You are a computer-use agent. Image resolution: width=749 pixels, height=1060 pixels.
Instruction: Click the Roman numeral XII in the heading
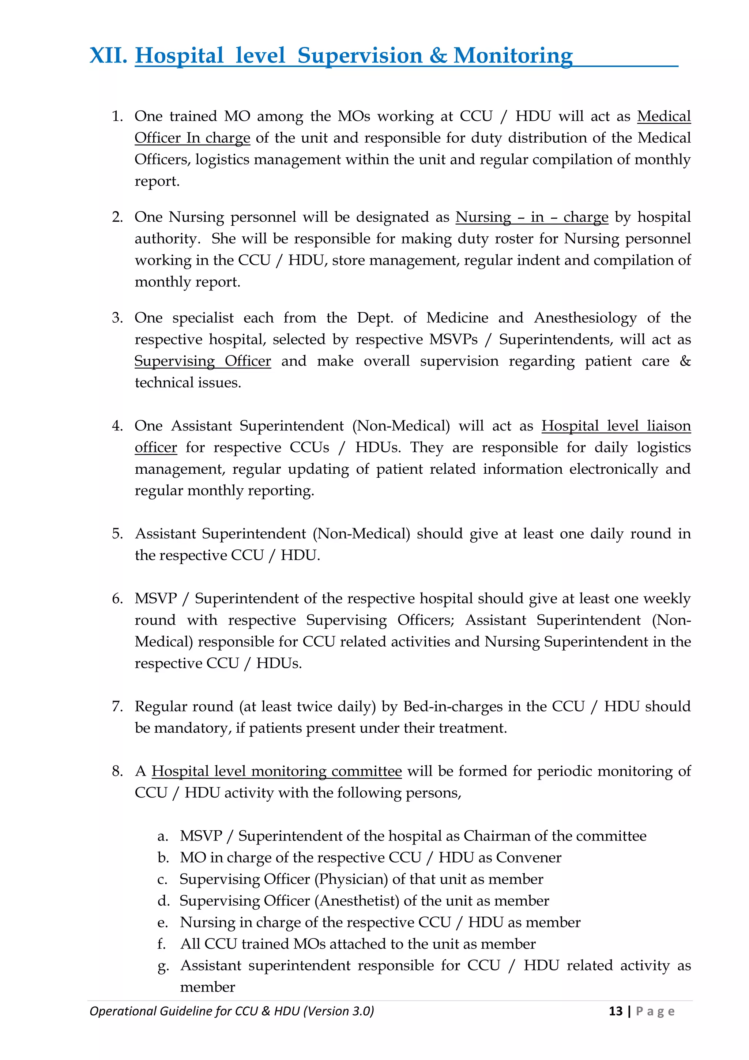108,56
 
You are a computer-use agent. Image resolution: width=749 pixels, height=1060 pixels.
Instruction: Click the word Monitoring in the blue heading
513,56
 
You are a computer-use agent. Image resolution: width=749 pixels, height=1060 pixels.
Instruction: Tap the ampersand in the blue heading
438,56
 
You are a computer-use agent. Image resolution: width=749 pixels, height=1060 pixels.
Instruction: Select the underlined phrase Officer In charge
192,138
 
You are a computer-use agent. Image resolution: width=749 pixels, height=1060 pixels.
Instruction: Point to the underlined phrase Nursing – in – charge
532,217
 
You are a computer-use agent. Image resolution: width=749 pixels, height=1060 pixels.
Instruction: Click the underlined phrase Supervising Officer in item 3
203,361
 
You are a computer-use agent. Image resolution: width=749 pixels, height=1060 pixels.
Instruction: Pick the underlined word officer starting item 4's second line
155,447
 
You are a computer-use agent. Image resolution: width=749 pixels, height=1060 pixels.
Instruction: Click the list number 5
117,534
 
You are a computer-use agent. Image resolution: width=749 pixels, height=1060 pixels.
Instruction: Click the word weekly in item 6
667,598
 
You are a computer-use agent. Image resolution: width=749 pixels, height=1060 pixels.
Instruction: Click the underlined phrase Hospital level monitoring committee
276,771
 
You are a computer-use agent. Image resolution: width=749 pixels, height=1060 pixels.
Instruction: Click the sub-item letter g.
162,966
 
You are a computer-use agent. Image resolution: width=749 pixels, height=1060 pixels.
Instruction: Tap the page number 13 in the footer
616,1011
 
